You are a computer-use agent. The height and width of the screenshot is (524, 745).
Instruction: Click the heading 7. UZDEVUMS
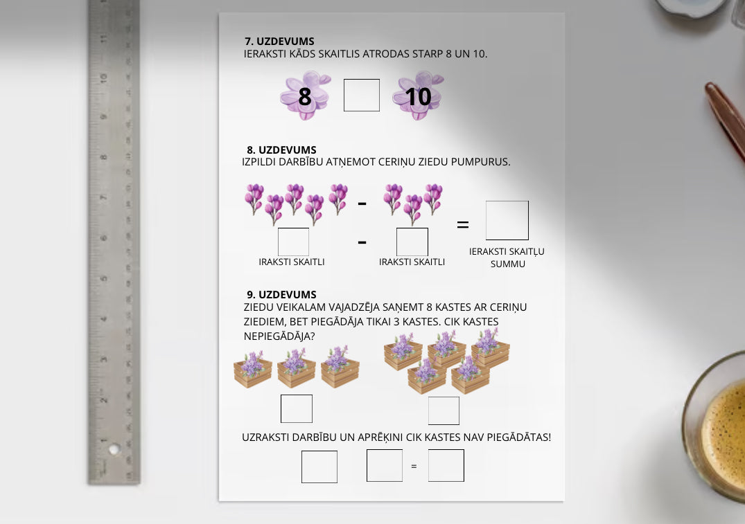coord(279,42)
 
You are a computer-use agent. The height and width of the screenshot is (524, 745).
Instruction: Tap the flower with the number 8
coord(305,95)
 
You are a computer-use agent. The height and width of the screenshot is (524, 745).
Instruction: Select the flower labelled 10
coord(418,95)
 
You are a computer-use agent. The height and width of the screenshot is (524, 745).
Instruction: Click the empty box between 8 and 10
coord(362,95)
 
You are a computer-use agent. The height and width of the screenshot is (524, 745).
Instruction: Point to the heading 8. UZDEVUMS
coord(281,150)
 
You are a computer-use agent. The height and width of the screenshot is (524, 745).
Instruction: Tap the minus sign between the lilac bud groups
coord(362,203)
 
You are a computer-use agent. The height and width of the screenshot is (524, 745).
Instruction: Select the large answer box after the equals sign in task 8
coord(507,220)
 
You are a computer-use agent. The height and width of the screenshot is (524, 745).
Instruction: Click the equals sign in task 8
coord(463,224)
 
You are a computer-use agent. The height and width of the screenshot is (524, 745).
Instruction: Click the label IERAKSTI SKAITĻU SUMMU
coord(507,258)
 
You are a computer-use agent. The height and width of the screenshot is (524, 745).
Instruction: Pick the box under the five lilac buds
coord(293,242)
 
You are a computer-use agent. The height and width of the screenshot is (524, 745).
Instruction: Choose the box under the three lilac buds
coord(412,242)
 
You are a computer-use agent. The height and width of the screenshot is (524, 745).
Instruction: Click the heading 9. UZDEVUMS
coord(281,295)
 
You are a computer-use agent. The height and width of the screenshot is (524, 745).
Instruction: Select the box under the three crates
coord(297,408)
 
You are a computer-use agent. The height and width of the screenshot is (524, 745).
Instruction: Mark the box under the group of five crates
coord(444,410)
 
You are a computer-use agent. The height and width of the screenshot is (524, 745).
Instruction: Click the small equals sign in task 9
coord(414,467)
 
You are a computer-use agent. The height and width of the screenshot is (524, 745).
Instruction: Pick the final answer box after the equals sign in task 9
coord(446,466)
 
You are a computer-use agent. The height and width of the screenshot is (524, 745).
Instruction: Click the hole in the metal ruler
coord(114,449)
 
